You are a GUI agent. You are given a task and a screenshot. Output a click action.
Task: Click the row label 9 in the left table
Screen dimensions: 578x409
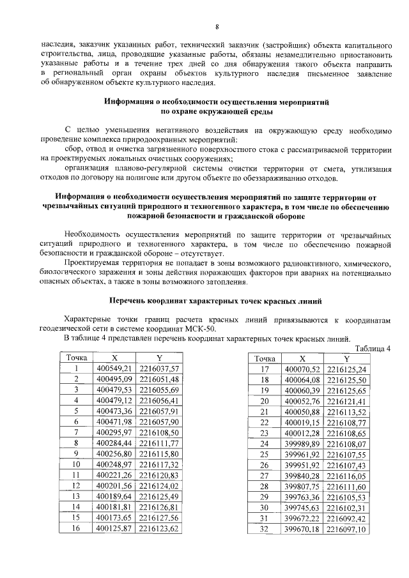(x=76, y=453)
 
